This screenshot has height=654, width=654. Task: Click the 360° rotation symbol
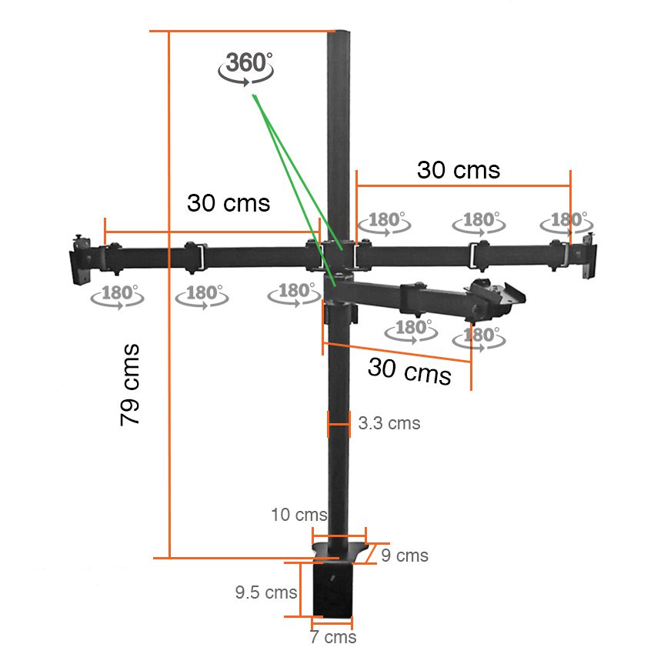245,68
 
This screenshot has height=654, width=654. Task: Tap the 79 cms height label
130,385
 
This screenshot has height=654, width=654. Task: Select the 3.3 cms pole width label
389,423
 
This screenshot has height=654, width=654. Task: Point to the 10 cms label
299,515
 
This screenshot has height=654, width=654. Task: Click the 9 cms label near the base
405,556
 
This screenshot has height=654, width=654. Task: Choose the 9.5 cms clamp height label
266,592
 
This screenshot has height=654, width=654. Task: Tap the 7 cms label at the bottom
333,637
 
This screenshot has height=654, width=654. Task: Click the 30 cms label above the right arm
459,170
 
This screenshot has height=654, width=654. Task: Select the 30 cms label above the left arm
229,203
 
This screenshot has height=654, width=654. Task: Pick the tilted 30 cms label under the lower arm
409,370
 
